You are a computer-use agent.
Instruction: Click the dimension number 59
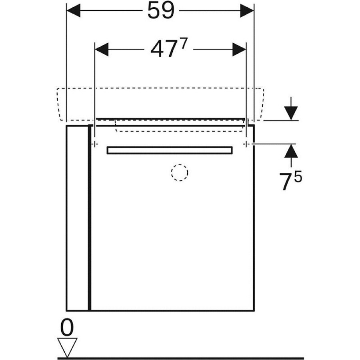(x=161, y=10)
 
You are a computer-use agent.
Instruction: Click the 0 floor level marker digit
(x=67, y=327)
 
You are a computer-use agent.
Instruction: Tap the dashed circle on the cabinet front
(x=180, y=173)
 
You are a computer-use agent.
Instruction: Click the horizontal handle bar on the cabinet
(x=170, y=150)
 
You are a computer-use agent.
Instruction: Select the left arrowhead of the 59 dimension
(x=74, y=10)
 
